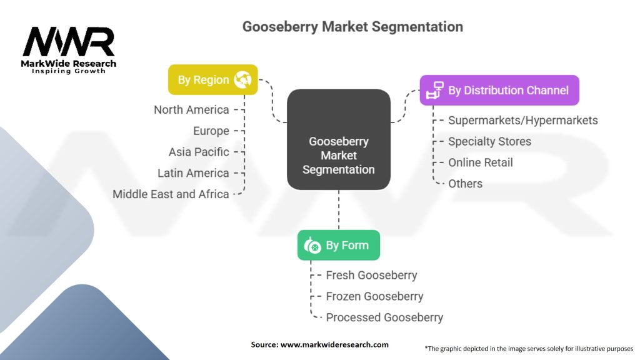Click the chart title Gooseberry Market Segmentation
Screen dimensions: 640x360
click(352, 27)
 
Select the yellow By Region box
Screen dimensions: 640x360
click(212, 80)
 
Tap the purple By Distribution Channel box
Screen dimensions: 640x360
click(499, 90)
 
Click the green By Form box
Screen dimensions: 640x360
click(338, 246)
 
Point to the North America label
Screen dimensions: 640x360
click(191, 110)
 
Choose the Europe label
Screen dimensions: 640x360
click(211, 131)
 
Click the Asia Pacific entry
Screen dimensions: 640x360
click(199, 152)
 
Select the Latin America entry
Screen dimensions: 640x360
click(193, 173)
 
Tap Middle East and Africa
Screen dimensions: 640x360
click(171, 194)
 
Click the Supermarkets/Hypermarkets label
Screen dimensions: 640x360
click(522, 120)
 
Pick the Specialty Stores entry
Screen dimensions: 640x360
click(489, 141)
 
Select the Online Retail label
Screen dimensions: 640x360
click(480, 162)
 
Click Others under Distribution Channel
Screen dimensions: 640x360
click(465, 184)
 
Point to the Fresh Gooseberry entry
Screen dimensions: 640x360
click(371, 275)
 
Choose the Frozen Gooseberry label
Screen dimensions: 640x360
click(374, 296)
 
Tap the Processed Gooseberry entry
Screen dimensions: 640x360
click(384, 317)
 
